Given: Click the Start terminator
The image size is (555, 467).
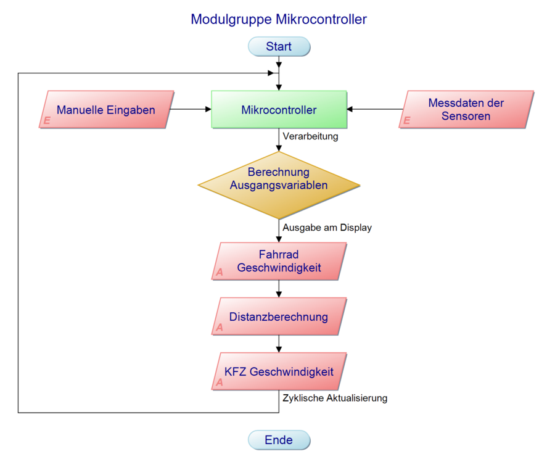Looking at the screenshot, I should pyautogui.click(x=279, y=46).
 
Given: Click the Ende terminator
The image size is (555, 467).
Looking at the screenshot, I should pyautogui.click(x=279, y=440).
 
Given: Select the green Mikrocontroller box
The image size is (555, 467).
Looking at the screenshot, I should pyautogui.click(x=279, y=110).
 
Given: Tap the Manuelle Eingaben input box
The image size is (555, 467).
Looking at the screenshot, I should pyautogui.click(x=105, y=110).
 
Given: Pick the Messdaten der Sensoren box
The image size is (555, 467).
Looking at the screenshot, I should pyautogui.click(x=466, y=110).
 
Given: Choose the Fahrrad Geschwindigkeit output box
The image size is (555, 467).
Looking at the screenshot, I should pyautogui.click(x=279, y=261).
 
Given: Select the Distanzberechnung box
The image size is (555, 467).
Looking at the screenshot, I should pyautogui.click(x=279, y=316).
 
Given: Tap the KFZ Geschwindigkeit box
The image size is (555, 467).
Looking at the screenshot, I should pyautogui.click(x=279, y=371).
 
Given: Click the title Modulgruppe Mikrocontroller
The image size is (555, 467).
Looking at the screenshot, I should pyautogui.click(x=279, y=19).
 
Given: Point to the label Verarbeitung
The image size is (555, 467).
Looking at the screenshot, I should pyautogui.click(x=310, y=136).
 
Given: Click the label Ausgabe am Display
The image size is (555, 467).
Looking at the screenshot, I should pyautogui.click(x=327, y=228).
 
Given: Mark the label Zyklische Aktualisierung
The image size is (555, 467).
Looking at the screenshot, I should pyautogui.click(x=335, y=398).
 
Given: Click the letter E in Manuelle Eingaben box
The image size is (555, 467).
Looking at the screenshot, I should pyautogui.click(x=47, y=121).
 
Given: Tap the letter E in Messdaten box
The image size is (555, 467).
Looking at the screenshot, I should pyautogui.click(x=406, y=121).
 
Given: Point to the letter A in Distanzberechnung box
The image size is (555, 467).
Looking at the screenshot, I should pyautogui.click(x=220, y=328).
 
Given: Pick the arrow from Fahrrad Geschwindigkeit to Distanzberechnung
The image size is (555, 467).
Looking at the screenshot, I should pyautogui.click(x=279, y=289).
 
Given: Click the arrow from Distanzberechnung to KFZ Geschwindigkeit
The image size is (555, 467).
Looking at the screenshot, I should pyautogui.click(x=279, y=344).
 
